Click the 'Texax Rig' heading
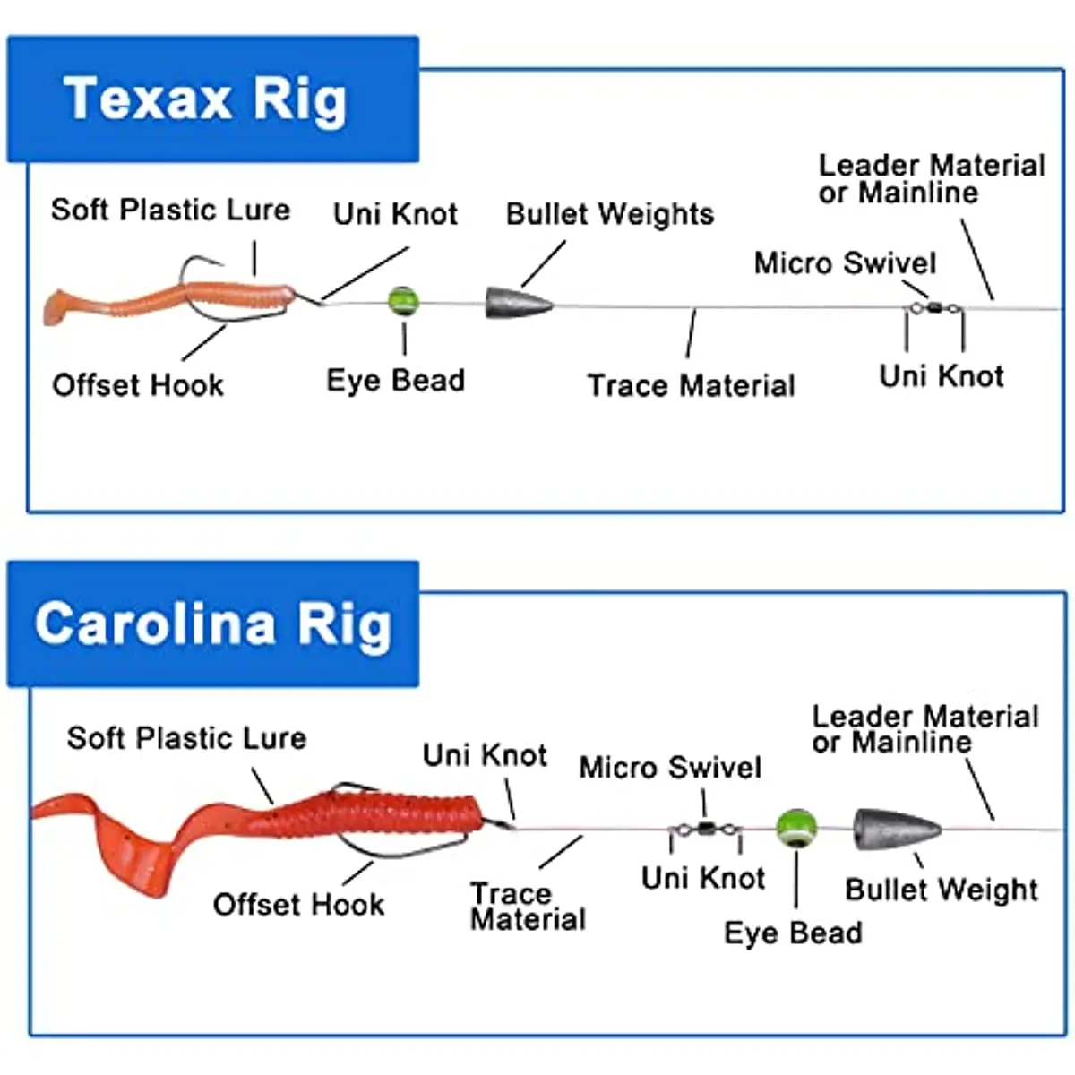205,99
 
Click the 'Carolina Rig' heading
213,624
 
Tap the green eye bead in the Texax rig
404,302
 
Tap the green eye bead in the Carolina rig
796,828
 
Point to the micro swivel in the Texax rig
934,308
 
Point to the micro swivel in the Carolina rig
706,830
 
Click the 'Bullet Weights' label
609,214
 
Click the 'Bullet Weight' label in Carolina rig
941,890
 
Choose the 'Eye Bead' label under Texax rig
395,380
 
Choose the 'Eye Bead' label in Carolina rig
793,933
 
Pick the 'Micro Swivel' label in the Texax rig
845,263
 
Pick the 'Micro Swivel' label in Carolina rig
670,768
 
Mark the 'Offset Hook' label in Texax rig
138,385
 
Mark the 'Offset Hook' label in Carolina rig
298,905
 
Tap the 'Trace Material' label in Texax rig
691,386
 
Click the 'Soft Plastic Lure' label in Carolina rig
186,738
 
